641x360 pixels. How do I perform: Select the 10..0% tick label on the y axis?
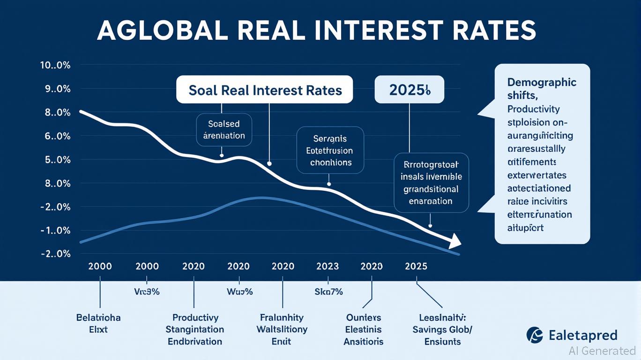pos(55,66)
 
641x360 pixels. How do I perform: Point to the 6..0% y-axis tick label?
pos(55,136)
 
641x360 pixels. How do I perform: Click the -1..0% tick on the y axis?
pos(55,231)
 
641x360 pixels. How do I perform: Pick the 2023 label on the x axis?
pos(327,266)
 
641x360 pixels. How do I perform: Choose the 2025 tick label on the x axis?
pos(416,266)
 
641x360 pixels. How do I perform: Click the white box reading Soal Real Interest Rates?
pos(265,90)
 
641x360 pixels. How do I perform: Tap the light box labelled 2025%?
pos(409,90)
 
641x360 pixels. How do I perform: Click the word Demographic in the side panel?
pos(542,82)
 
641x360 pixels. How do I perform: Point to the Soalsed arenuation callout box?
pos(224,130)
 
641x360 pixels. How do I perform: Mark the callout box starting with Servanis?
pos(330,150)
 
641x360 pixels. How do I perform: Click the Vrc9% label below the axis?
pos(147,292)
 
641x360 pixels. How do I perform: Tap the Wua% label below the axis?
pos(239,292)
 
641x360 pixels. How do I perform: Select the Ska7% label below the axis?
pos(328,292)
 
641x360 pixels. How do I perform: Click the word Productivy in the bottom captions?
pos(195,317)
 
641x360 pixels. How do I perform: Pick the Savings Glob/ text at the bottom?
pos(442,330)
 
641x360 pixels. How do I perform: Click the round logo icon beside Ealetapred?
pos(535,335)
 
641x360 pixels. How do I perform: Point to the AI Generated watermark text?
pos(602,350)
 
